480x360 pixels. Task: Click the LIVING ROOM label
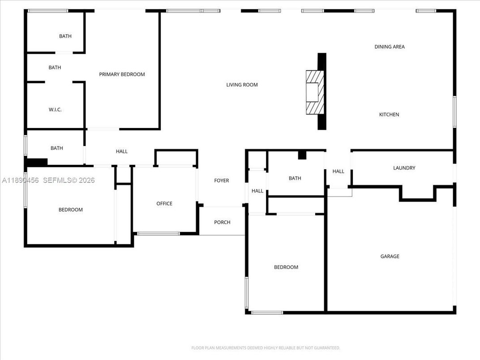[x=242, y=85]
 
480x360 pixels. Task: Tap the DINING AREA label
[x=390, y=47]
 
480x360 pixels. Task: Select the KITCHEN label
[x=389, y=115]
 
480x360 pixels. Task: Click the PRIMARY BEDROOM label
[x=122, y=74]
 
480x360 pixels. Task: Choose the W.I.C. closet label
[x=55, y=110]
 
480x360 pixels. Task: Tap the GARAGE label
[x=390, y=257]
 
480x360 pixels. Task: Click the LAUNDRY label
[x=404, y=168]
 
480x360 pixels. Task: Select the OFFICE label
[x=164, y=204]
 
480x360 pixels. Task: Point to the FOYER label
[x=221, y=180]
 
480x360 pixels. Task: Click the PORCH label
[x=222, y=222]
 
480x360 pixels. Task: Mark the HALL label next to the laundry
[x=339, y=171]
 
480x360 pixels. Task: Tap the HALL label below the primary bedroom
[x=122, y=151]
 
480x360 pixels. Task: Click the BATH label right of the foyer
[x=295, y=178]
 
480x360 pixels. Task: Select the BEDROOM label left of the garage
[x=286, y=267]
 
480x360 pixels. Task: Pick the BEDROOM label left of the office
[x=70, y=210]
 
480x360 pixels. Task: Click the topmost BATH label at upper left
[x=65, y=36]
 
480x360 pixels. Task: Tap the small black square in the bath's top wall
[x=302, y=155]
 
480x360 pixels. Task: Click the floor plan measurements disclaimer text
[x=266, y=347]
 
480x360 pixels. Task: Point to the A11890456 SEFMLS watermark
[x=48, y=180]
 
